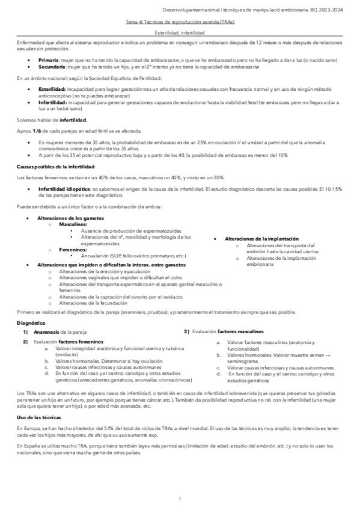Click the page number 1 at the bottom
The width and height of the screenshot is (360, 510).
[x=180, y=500]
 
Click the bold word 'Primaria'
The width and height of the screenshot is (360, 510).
[x=48, y=61]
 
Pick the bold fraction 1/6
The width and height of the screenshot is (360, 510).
[x=38, y=131]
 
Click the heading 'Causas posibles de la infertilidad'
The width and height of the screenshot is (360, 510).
[x=55, y=165]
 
